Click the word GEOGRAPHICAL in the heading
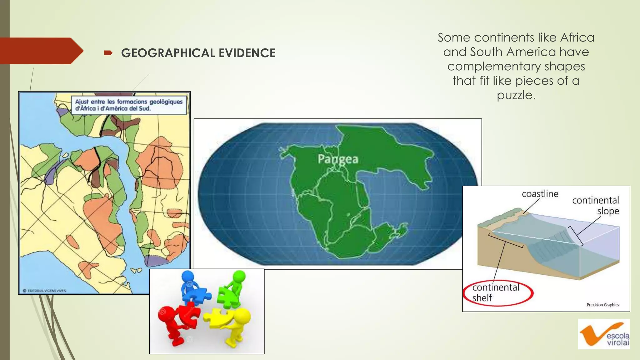pos(168,53)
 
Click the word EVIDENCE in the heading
pos(247,53)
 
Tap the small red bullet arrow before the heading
pos(108,53)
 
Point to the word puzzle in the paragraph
pos(516,95)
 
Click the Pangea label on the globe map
pos(338,159)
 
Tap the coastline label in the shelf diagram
pos(540,194)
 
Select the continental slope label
pos(596,206)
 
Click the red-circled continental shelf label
pos(496,292)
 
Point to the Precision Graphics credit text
pos(602,305)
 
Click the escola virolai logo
pos(603,334)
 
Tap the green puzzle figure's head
pos(239,276)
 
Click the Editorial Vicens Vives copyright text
pos(45,291)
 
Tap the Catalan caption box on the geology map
pos(129,105)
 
